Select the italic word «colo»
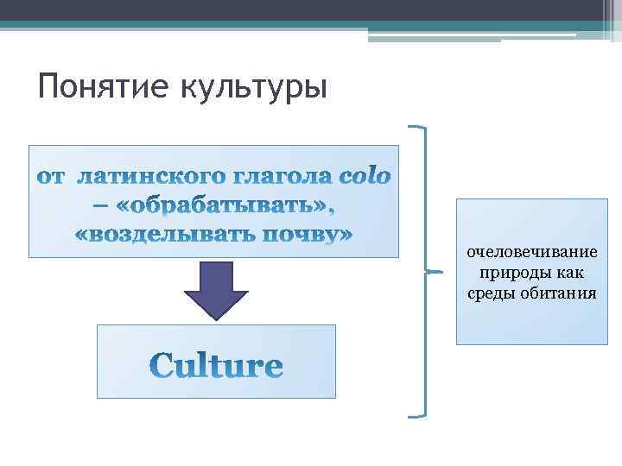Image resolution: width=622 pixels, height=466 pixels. [x=367, y=177]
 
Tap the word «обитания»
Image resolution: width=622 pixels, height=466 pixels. [x=559, y=293]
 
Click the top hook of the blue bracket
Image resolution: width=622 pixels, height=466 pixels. [x=416, y=127]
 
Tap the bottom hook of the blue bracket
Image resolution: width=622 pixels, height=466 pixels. [x=416, y=415]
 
